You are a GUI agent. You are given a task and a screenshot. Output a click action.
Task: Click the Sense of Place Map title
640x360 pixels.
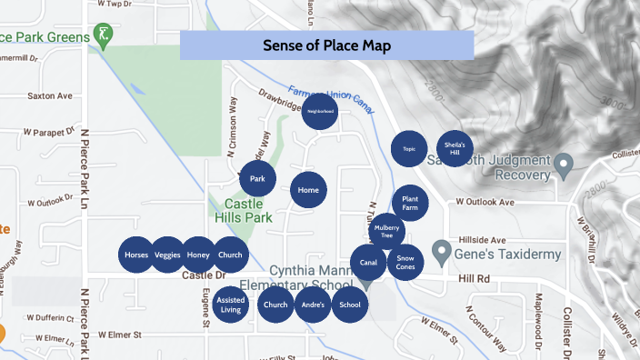[326, 45]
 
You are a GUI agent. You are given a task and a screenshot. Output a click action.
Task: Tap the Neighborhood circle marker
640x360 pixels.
[320, 112]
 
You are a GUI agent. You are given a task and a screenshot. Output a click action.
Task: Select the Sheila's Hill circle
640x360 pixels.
[455, 147]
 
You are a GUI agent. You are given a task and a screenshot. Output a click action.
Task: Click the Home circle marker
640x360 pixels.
[308, 191]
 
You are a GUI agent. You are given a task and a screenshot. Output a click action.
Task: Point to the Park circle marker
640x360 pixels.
[258, 179]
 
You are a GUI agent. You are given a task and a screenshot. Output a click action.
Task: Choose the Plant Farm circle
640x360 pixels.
[410, 203]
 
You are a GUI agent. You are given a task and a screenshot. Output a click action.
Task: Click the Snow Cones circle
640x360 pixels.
[405, 263]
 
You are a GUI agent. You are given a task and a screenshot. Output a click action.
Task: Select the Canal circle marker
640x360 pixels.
[368, 263]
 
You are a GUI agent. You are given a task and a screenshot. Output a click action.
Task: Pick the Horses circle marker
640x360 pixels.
[136, 255]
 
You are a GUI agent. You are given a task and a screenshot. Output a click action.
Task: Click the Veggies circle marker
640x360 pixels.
[167, 255]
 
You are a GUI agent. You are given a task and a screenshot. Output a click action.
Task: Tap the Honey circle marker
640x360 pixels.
[198, 255]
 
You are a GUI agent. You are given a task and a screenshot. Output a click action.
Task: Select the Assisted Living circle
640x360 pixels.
[230, 305]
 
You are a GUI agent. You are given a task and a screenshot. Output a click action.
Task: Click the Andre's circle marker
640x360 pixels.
[313, 305]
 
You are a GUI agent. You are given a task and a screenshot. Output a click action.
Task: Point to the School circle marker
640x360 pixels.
[350, 305]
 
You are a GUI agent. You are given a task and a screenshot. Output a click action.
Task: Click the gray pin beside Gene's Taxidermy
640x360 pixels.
[442, 248]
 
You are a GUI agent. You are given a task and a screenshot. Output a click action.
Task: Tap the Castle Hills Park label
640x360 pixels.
[243, 211]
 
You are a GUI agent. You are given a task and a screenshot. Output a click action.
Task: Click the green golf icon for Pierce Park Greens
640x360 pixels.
[105, 37]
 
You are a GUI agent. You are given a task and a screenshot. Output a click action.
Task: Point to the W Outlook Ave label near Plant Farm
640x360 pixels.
[485, 202]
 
